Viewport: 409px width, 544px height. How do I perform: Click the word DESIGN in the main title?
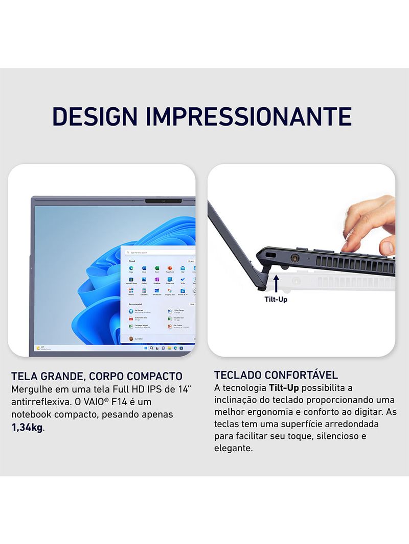95,117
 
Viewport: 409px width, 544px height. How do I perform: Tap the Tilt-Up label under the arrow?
276,299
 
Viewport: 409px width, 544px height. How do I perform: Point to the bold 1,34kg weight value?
27,427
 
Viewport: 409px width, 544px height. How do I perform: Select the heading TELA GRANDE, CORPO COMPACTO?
97,377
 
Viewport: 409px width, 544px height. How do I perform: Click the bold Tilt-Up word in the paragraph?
284,388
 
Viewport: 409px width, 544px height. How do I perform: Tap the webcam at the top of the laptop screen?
164,201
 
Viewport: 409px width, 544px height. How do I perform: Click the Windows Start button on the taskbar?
146,348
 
